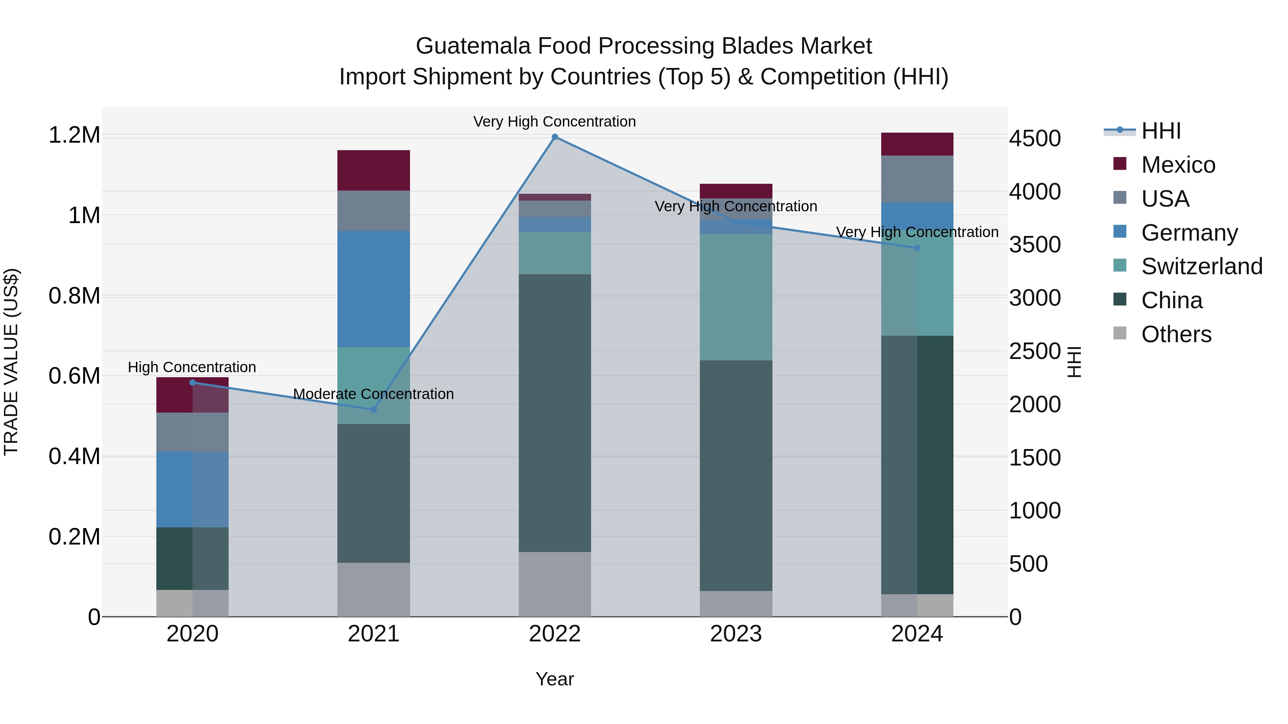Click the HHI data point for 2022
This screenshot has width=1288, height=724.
(555, 137)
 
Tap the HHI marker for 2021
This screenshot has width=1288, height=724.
(374, 409)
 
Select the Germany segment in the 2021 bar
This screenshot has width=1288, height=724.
(374, 289)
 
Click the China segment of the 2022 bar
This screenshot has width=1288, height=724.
(555, 413)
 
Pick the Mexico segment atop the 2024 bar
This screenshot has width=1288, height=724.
(917, 144)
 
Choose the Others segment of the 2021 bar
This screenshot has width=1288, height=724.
(374, 590)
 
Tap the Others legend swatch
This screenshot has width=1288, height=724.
(1120, 333)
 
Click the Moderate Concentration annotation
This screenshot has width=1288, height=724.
(374, 394)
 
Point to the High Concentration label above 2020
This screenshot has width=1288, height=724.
(192, 367)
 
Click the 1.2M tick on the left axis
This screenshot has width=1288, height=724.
(74, 136)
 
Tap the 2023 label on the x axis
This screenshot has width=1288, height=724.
(736, 634)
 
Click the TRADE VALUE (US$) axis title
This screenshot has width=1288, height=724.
(11, 362)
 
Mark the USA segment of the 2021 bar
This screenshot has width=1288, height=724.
(374, 210)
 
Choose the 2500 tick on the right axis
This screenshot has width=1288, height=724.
(1034, 351)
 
